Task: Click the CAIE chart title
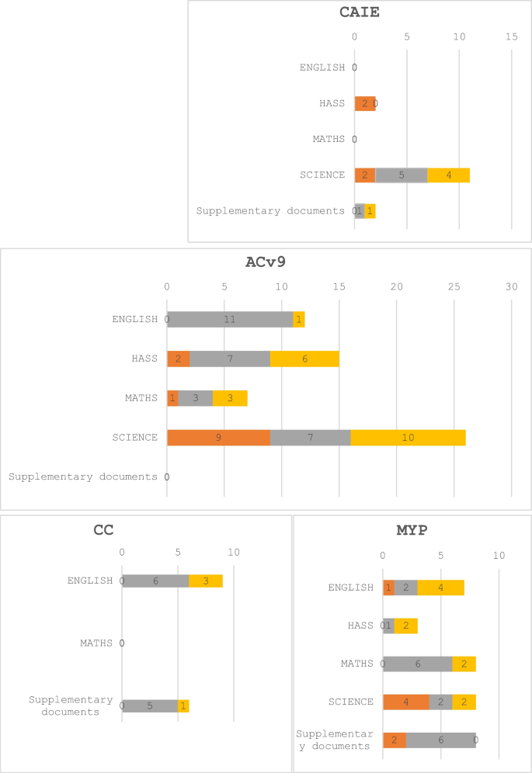(360, 12)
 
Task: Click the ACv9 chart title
(266, 262)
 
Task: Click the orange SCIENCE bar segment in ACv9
(218, 438)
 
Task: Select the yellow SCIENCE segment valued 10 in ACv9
(408, 438)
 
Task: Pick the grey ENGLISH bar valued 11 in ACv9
(230, 319)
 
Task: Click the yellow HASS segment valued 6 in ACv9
(304, 359)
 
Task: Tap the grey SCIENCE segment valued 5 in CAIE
(402, 175)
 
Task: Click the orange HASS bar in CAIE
(364, 103)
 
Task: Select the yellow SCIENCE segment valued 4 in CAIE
(449, 175)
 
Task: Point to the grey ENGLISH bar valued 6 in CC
(155, 581)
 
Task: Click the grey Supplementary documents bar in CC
(150, 705)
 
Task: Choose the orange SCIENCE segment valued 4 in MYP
(405, 702)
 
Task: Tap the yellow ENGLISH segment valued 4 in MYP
(440, 588)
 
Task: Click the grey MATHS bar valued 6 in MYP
(417, 664)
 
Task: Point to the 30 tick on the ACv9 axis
(511, 287)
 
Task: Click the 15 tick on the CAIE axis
(511, 36)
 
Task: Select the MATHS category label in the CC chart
(96, 643)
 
